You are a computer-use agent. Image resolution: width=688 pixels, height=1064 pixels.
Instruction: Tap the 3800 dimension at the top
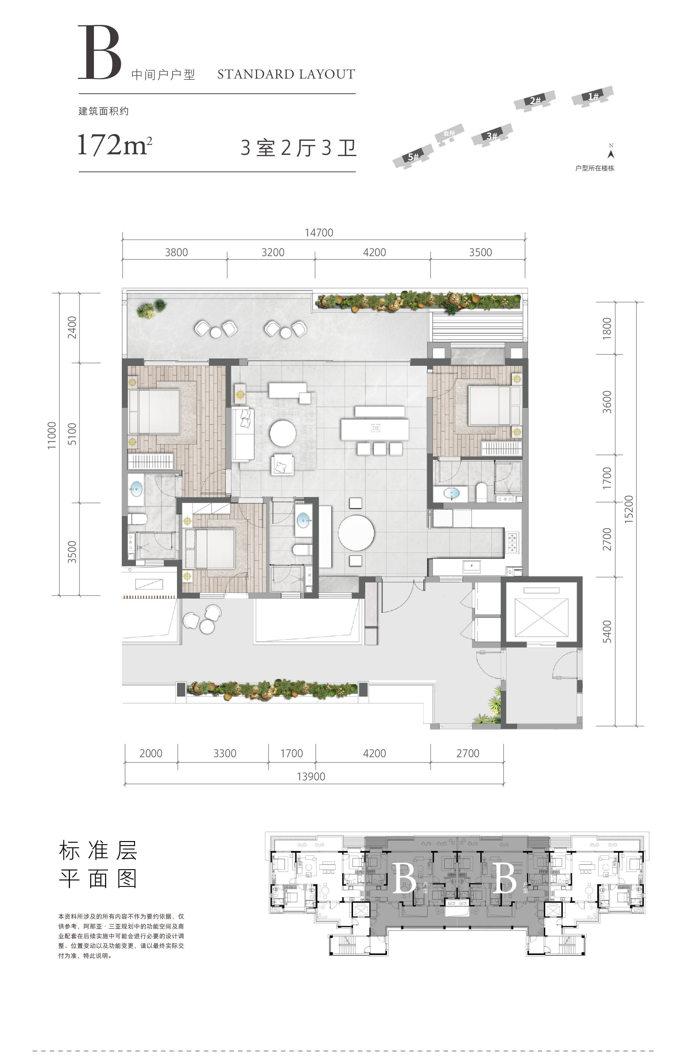(176, 252)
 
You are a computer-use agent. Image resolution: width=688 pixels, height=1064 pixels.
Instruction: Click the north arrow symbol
(611, 153)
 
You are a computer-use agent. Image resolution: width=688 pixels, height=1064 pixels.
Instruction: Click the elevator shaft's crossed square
(542, 617)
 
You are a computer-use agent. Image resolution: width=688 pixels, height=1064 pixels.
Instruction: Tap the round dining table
(356, 533)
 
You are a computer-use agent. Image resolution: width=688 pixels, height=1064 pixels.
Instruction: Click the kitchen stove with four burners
(512, 542)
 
